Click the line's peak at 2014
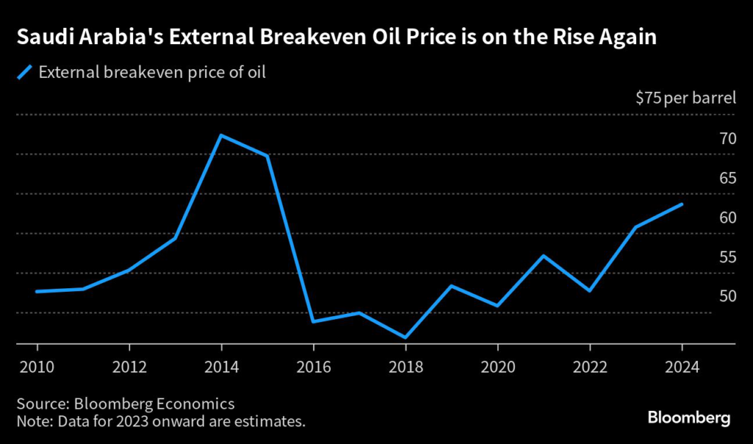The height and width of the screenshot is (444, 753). click(x=221, y=135)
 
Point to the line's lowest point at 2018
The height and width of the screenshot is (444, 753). click(x=405, y=337)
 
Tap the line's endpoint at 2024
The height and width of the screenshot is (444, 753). click(x=682, y=204)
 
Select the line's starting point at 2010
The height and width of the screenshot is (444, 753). click(x=37, y=292)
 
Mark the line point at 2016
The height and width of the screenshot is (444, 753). click(x=313, y=321)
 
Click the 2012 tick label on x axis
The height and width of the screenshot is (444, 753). click(x=129, y=365)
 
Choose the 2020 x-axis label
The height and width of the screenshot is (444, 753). click(x=497, y=365)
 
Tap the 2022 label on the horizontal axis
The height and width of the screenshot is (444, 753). click(x=589, y=365)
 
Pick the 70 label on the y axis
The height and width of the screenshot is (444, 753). click(x=727, y=138)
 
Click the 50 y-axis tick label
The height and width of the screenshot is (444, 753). click(x=727, y=296)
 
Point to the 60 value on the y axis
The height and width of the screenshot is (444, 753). click(x=727, y=217)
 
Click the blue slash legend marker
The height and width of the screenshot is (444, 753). click(x=25, y=72)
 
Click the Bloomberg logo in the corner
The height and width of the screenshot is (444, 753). click(x=689, y=418)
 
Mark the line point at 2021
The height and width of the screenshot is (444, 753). click(x=543, y=256)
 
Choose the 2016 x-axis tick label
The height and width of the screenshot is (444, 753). click(x=313, y=365)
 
